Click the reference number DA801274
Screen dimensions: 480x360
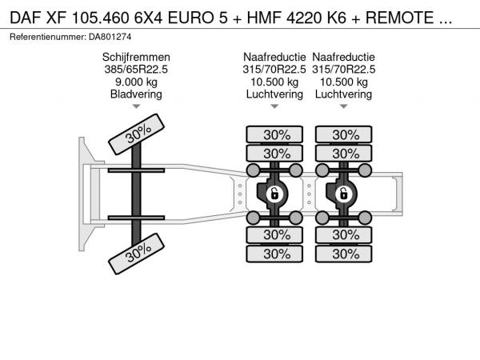pos(110,37)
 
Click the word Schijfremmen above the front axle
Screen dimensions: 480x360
pos(136,58)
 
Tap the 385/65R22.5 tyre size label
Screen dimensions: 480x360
pos(136,70)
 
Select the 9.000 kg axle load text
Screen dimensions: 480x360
pos(136,82)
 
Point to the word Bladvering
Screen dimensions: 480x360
pos(136,94)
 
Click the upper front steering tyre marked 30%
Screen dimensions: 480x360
pos(137,134)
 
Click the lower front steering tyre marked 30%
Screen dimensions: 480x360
pos(137,254)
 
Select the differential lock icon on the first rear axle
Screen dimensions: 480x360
pos(274,194)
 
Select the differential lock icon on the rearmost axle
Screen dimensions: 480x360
pos(343,194)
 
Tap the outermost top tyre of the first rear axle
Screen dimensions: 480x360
pos(274,134)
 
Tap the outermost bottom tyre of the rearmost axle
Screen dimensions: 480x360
pos(343,254)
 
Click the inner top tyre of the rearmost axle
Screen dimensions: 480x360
pos(343,154)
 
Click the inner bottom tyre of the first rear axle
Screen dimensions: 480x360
pos(274,234)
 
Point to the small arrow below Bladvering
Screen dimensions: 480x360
pos(136,106)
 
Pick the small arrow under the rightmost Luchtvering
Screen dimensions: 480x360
pos(343,106)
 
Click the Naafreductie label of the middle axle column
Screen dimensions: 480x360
pos(274,58)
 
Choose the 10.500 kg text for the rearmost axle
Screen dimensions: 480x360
pos(343,82)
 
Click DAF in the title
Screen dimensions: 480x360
pos(25,18)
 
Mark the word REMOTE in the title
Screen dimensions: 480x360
pos(400,18)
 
